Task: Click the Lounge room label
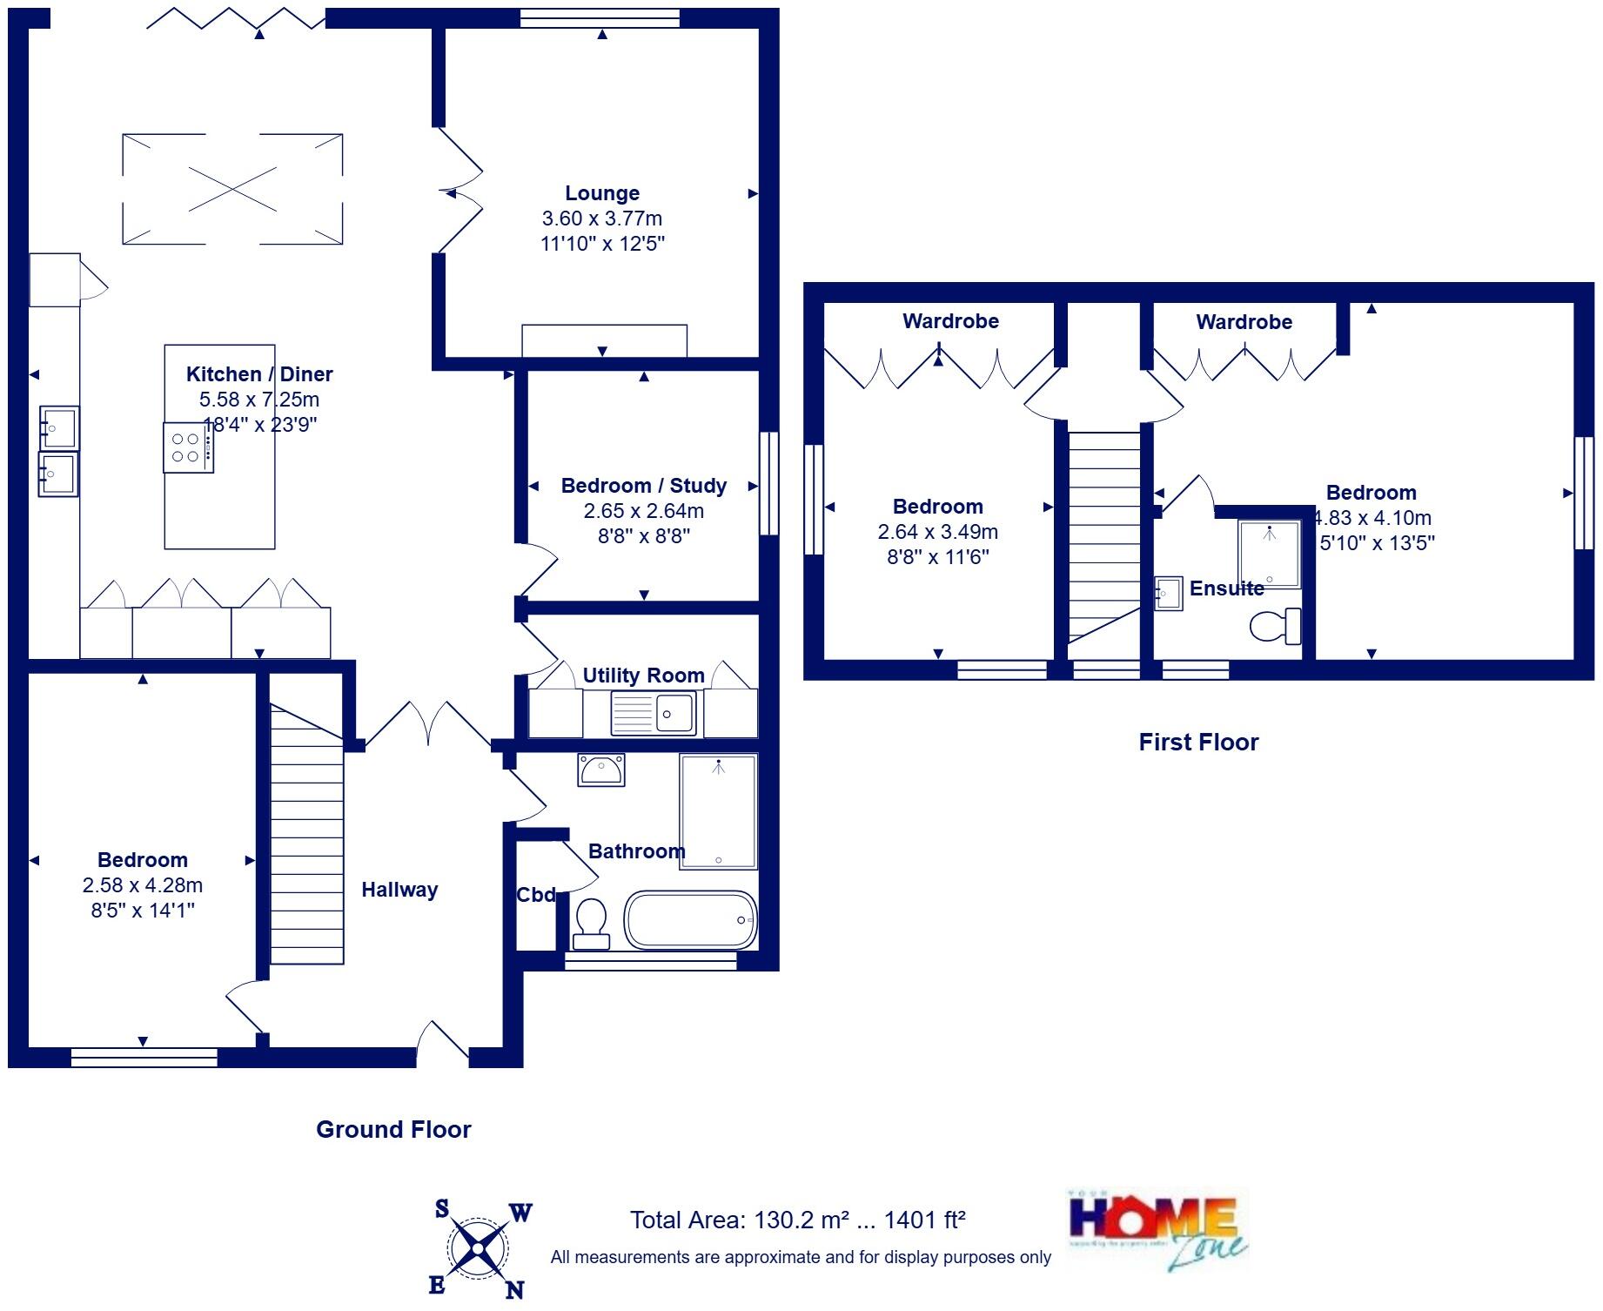pyautogui.click(x=601, y=193)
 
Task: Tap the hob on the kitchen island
pyautogui.click(x=187, y=447)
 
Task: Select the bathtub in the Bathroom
pyautogui.click(x=690, y=919)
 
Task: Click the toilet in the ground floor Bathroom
pyautogui.click(x=592, y=923)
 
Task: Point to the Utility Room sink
pyautogui.click(x=654, y=714)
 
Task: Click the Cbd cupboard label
pyautogui.click(x=535, y=895)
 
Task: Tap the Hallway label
pyautogui.click(x=399, y=890)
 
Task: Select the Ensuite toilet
pyautogui.click(x=1275, y=625)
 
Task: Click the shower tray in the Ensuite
pyautogui.click(x=1269, y=554)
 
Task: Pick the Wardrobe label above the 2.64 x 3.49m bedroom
pyautogui.click(x=950, y=321)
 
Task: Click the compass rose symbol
pyautogui.click(x=478, y=1249)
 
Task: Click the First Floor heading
pyautogui.click(x=1198, y=742)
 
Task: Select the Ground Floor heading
pyautogui.click(x=393, y=1129)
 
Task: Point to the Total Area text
pyautogui.click(x=797, y=1220)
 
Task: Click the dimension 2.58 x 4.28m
pyautogui.click(x=143, y=885)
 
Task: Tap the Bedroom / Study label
pyautogui.click(x=643, y=486)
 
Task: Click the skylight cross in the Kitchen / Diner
pyautogui.click(x=232, y=189)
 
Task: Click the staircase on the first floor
pyautogui.click(x=1104, y=540)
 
